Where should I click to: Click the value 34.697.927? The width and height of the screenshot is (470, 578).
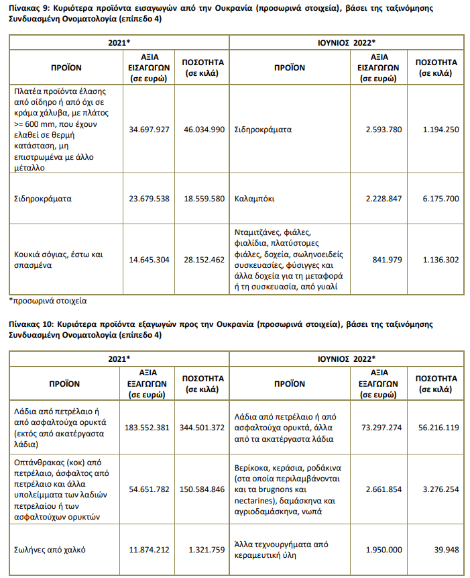point(149,130)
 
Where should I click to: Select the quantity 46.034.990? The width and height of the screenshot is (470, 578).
point(204,130)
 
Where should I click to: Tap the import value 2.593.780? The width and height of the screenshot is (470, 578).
point(384,130)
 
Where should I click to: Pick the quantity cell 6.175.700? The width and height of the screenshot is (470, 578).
point(441,199)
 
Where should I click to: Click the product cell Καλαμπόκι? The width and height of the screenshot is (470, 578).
point(254,199)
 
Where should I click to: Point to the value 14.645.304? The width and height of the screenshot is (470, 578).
point(149,260)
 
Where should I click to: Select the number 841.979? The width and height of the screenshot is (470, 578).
point(387,260)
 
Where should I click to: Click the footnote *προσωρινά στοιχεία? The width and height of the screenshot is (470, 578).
point(48,301)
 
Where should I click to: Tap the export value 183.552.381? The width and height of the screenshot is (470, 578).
point(147,428)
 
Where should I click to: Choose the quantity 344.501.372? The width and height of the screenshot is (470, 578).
point(202,428)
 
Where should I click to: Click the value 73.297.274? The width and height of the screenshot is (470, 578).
point(381,428)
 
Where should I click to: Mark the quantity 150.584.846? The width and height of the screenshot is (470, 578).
point(202,489)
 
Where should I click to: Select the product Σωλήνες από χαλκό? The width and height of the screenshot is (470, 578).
point(50,550)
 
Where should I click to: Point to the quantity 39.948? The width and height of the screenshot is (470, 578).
point(447,550)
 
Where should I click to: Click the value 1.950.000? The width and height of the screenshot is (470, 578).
point(384,550)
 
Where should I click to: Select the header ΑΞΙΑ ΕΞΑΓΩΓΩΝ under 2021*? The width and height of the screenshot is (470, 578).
point(147,384)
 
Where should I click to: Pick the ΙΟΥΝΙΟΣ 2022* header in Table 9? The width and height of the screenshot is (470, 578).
point(347,43)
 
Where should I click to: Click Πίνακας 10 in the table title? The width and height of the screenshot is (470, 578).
point(32,324)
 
